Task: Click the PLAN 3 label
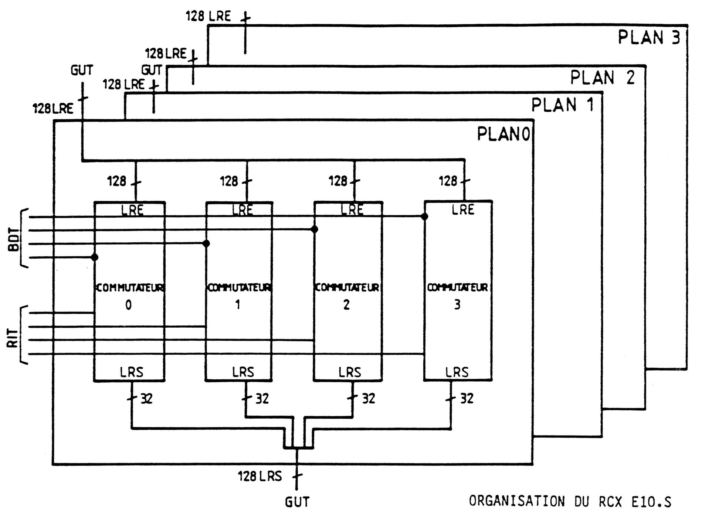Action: tap(649, 38)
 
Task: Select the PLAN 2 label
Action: tap(602, 78)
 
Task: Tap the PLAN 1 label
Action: tap(562, 105)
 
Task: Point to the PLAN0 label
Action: tap(503, 134)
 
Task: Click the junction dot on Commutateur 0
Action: tap(95, 257)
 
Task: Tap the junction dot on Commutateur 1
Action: tap(206, 243)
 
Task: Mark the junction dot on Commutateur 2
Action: tap(314, 229)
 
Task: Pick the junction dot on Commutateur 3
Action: tap(425, 216)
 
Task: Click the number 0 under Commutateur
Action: tap(128, 305)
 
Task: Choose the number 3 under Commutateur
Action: tap(457, 305)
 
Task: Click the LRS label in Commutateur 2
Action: tap(350, 372)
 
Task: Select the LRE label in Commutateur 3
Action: tap(463, 210)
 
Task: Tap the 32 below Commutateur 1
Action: tap(262, 399)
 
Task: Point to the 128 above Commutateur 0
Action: tap(117, 181)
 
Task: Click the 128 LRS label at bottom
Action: tap(260, 477)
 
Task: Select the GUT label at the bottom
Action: tap(297, 502)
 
